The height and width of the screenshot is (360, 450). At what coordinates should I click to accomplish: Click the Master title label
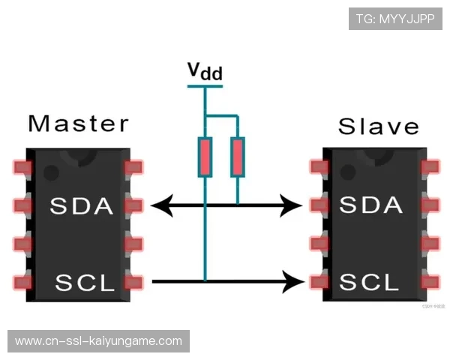pos(78,123)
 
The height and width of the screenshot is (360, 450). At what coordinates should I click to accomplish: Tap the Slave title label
pos(378,125)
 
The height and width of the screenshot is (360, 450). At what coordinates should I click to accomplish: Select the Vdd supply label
pos(204,72)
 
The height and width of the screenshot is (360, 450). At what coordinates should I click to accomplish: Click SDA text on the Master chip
pos(81,205)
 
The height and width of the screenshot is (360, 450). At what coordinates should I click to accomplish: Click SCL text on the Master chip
pos(84,283)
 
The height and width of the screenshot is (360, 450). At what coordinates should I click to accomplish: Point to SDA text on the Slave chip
pos(370,205)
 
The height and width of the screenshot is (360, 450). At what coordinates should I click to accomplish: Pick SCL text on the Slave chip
pos(370,283)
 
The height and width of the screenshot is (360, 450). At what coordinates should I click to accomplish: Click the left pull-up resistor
pos(205,157)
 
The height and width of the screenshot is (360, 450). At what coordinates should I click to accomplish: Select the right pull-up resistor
pos(237,157)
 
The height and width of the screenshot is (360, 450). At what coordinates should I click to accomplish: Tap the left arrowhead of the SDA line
pos(159,204)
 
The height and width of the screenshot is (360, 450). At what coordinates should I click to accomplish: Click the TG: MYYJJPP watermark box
pos(395,19)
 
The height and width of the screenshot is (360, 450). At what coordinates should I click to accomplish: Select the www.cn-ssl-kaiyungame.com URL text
pos(98,341)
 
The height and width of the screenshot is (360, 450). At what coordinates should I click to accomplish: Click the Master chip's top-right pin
pos(135,166)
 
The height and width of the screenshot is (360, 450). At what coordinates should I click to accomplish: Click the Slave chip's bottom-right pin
pos(430,283)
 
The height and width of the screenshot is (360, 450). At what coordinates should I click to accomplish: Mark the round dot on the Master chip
pos(50,172)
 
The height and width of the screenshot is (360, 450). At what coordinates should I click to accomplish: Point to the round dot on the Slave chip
pos(346,172)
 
